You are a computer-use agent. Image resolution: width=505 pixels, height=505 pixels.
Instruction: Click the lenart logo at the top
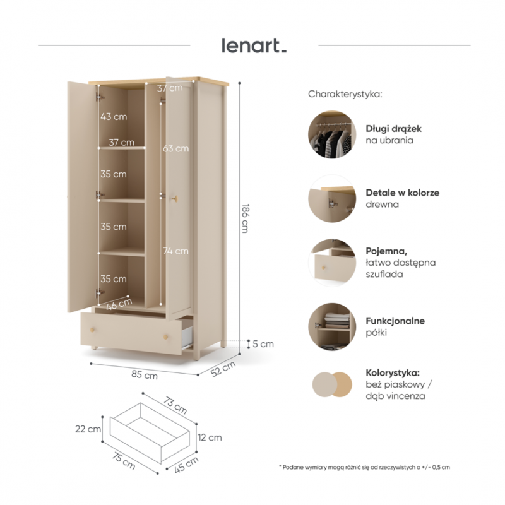coord(254,45)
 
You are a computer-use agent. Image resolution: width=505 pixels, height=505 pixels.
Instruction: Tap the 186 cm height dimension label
coord(246,218)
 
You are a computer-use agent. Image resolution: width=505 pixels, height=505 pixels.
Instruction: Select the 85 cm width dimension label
coord(145,375)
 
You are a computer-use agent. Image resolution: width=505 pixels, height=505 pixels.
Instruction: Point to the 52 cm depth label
coord(223,369)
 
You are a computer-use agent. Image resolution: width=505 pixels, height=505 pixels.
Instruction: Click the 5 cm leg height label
coord(263,344)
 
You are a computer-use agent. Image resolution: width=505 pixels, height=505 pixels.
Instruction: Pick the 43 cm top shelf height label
coord(114,117)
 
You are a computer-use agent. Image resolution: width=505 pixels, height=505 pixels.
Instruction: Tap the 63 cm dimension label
coord(176,148)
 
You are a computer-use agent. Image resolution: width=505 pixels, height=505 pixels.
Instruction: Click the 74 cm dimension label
coord(176,251)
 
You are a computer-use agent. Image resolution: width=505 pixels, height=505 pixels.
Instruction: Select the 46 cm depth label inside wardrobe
coord(119,304)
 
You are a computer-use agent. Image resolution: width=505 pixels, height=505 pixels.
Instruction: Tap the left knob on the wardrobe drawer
coord(93,330)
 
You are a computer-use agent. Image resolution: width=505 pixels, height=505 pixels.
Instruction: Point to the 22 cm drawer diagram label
coord(88,429)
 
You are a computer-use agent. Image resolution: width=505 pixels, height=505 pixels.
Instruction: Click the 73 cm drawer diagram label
coord(175,405)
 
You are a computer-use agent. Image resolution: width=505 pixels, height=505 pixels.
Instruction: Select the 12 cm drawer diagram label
coord(210,437)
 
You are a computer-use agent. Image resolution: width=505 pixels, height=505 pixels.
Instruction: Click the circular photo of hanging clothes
coord(332,134)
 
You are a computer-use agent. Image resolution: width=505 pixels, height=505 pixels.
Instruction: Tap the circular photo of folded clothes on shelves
coord(332,327)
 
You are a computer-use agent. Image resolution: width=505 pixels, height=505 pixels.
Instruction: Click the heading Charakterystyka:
coord(345,94)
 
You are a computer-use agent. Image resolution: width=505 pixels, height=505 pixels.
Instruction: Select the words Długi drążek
coord(393,129)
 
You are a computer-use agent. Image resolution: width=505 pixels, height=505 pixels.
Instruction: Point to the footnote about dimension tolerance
coord(364,467)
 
